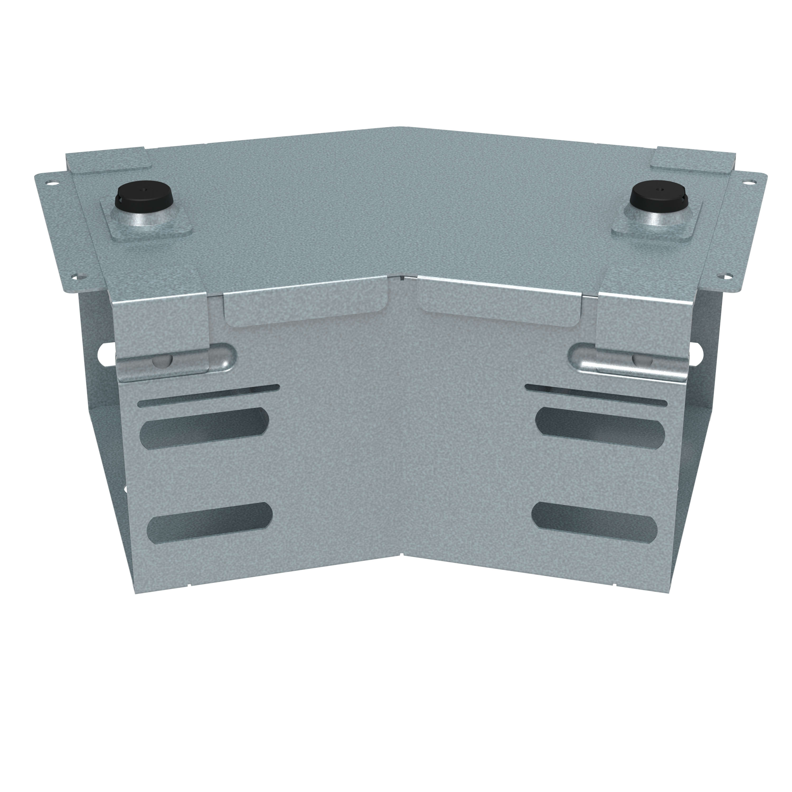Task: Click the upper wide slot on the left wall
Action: click(205, 428)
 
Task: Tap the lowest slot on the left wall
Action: click(209, 521)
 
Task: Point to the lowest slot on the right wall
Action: click(595, 521)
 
